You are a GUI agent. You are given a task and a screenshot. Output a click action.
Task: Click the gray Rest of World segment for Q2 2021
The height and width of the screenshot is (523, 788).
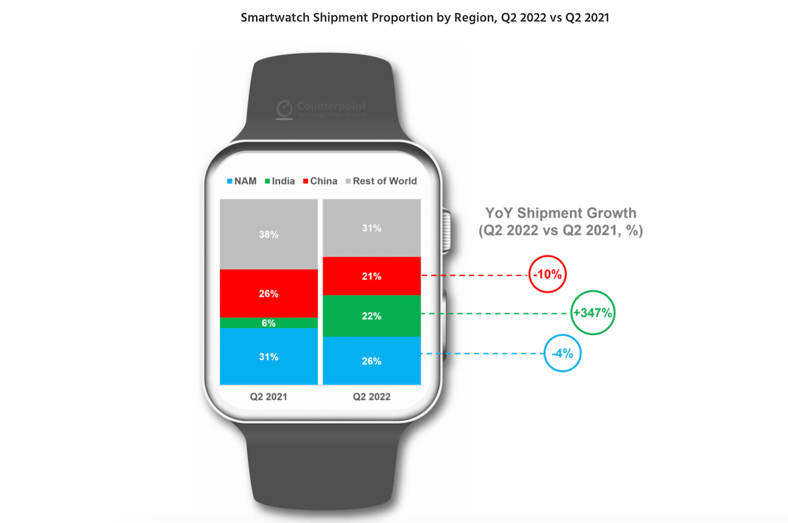click(268, 235)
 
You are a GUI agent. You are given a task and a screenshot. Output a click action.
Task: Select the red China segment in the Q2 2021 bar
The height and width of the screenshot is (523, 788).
click(268, 293)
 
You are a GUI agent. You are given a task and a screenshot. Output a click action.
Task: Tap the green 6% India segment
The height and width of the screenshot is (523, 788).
click(268, 323)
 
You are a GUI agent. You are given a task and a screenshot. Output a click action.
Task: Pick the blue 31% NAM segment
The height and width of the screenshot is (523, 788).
click(268, 356)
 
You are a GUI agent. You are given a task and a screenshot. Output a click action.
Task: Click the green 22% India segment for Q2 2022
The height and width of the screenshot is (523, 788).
click(371, 316)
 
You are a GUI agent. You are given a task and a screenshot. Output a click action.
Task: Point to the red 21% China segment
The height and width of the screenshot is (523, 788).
click(371, 276)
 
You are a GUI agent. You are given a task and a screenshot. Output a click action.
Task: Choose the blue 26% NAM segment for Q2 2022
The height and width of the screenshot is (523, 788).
click(371, 360)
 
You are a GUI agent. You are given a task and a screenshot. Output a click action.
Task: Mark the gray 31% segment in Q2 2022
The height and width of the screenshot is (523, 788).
click(371, 228)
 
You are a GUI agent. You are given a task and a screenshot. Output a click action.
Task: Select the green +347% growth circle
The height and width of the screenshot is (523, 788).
click(593, 313)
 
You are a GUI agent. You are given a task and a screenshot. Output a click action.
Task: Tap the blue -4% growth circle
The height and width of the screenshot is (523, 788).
click(562, 353)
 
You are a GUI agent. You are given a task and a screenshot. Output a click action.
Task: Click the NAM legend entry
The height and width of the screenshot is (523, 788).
click(241, 181)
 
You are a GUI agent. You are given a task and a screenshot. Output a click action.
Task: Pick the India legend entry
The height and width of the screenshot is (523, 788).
click(278, 181)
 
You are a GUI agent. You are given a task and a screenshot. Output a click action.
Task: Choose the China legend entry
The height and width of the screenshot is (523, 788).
click(318, 181)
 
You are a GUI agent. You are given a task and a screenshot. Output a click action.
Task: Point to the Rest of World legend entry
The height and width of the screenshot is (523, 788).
click(380, 181)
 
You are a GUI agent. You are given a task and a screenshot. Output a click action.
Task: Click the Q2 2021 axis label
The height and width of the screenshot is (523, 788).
click(268, 397)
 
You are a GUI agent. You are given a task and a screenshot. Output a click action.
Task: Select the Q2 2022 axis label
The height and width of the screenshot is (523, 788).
click(371, 397)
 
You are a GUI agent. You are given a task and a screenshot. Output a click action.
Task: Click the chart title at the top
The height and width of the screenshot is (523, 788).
click(425, 18)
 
